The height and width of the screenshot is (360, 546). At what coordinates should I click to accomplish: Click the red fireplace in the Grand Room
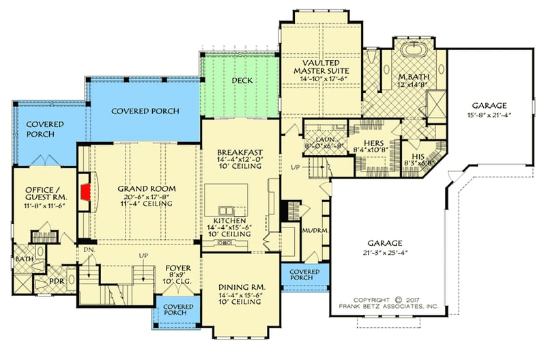click(x=85, y=191)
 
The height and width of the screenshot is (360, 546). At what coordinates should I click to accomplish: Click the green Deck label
click(x=242, y=81)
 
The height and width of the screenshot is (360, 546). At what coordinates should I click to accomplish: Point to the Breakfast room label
click(x=238, y=152)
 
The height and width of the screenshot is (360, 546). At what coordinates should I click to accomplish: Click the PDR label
click(x=56, y=281)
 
